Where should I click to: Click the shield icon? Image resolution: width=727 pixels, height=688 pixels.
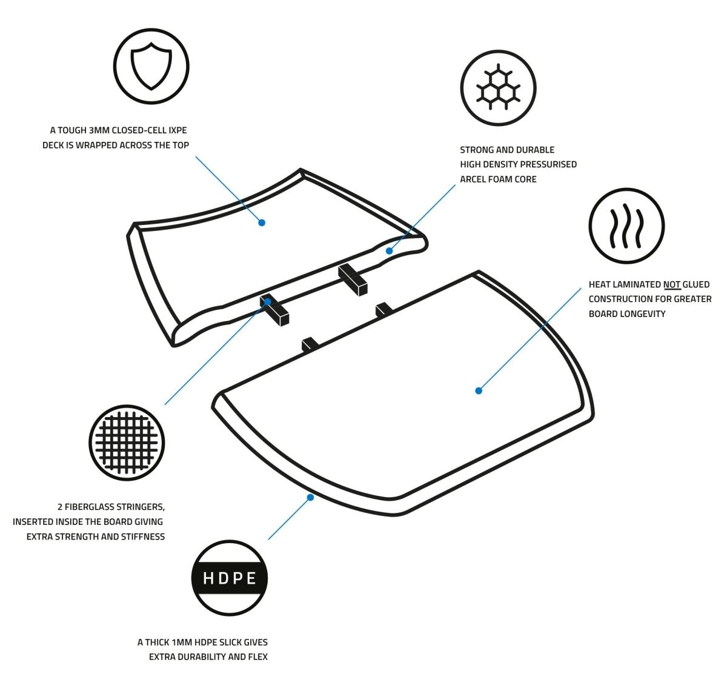tap(151, 66)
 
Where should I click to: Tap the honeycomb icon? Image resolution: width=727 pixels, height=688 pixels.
tap(498, 87)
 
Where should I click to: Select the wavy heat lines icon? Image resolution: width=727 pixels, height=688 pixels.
tap(626, 226)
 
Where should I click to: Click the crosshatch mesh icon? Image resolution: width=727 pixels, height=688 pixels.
tap(127, 443)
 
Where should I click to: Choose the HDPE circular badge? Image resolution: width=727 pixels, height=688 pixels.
tap(229, 578)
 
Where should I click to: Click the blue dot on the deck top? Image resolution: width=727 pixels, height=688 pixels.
tap(262, 222)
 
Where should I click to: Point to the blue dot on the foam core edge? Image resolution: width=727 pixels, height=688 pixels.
tap(389, 251)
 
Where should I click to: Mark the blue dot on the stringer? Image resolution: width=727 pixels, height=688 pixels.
tap(268, 301)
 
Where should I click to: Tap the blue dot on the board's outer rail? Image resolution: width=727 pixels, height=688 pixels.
tap(310, 497)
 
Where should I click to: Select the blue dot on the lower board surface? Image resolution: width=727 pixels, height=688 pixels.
tap(479, 391)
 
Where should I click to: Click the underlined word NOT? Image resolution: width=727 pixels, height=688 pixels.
tap(671, 284)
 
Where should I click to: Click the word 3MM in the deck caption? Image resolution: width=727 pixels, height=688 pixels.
tap(101, 130)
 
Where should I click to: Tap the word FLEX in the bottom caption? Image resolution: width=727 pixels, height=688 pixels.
tap(256, 656)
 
